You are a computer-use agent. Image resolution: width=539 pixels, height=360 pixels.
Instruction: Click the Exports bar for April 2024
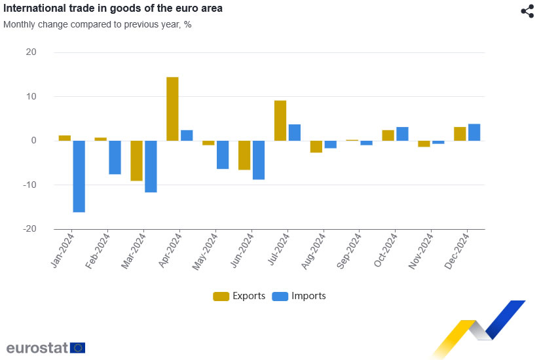point(172,109)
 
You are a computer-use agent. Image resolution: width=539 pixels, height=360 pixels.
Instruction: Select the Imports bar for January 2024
point(79,176)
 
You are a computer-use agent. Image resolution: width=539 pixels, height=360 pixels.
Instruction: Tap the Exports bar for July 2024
point(280,120)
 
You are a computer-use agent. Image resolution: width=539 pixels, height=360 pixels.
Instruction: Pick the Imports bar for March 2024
point(151,166)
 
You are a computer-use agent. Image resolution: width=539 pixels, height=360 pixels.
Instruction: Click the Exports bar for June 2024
point(244,155)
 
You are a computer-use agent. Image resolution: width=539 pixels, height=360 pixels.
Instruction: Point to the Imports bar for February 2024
point(115,157)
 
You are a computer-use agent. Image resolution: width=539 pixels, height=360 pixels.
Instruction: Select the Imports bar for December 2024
point(474,132)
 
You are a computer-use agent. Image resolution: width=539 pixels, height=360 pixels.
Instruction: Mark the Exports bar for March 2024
point(136,160)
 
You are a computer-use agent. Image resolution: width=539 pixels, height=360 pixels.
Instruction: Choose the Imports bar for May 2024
point(223,154)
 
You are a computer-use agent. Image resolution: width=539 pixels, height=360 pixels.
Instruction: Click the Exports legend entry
point(239,296)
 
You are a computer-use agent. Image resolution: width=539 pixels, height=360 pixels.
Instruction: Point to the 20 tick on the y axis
point(31,52)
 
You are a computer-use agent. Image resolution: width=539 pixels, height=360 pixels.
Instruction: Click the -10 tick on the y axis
point(29,185)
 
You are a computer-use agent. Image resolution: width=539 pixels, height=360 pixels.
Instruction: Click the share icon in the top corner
point(527,11)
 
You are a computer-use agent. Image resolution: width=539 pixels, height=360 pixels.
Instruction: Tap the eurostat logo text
point(37,348)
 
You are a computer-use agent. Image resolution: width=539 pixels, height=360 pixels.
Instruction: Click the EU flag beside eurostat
point(78,348)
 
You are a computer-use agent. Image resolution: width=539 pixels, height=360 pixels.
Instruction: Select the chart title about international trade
point(113,9)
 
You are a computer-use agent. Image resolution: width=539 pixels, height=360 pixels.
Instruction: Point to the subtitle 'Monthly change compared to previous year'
point(97,24)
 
